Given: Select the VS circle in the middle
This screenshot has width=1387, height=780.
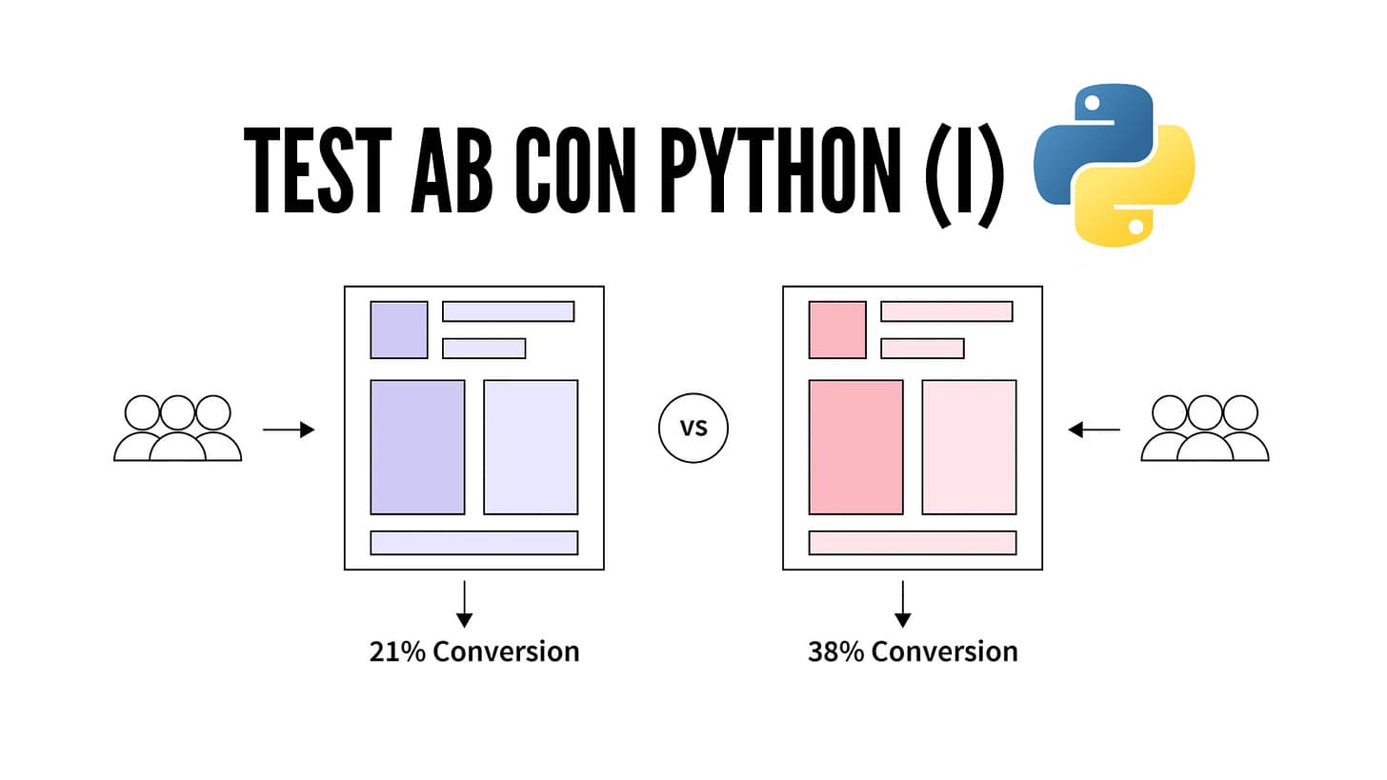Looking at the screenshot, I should [693, 428].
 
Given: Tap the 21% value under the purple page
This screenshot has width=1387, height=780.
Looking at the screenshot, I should [398, 651].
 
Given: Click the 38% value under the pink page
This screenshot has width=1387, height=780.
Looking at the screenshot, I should [837, 651].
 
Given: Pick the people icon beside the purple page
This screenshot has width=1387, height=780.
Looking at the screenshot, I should [177, 429].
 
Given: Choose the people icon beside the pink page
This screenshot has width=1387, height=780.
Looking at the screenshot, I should [1205, 429].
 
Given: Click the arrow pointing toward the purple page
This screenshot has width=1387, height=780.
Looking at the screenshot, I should [288, 430].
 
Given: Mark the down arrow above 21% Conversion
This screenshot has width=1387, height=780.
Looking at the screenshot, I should [464, 604].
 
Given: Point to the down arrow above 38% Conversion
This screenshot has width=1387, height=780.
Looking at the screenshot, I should [902, 604].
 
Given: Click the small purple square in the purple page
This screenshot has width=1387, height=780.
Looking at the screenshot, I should [398, 330].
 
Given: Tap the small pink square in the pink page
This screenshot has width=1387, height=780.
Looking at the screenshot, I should [837, 330].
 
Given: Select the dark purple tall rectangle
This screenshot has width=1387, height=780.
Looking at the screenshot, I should [417, 447].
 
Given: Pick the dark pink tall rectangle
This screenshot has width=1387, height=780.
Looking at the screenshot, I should [855, 447].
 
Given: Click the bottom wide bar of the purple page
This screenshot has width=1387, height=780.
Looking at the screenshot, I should [473, 543].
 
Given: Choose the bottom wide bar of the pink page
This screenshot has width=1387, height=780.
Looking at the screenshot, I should [913, 543].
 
